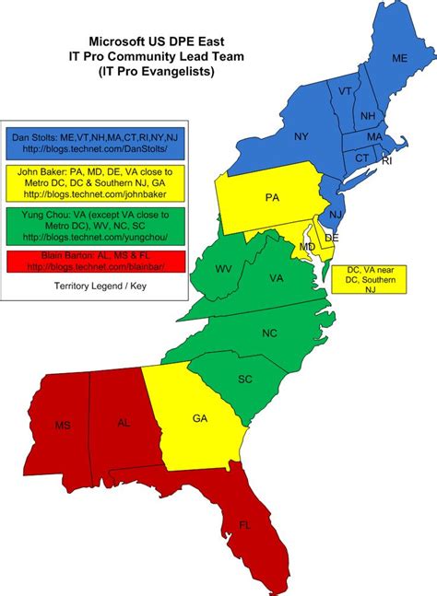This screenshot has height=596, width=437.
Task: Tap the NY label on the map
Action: coord(301,136)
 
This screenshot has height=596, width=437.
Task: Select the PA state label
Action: coord(271,198)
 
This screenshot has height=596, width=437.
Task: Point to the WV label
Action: coord(223,269)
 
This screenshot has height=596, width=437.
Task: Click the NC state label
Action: coord(269,333)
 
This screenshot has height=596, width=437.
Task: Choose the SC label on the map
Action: coord(245,380)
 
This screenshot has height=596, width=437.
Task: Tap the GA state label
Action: coord(199,418)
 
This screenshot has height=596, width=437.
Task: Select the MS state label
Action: coord(62,426)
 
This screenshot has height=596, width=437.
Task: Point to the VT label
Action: coord(344,91)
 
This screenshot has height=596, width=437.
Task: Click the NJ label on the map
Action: coord(336,214)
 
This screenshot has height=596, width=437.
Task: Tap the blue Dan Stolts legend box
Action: coord(96,143)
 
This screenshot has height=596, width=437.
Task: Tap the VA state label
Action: coord(276,277)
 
